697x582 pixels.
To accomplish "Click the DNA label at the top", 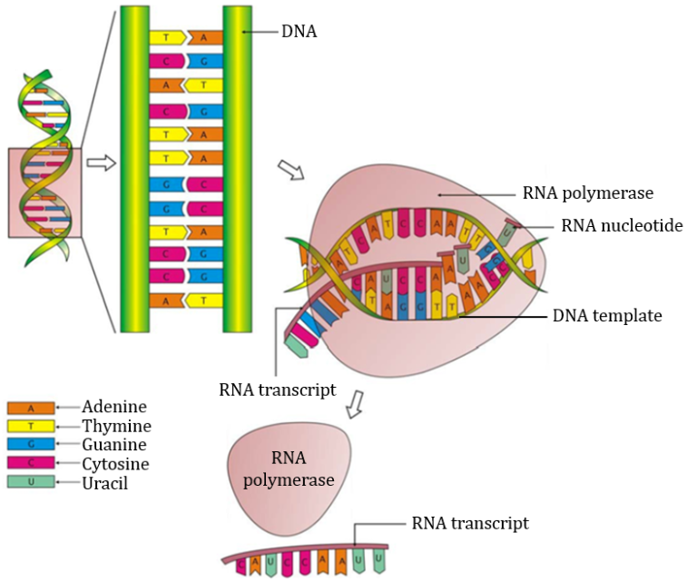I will [299, 33].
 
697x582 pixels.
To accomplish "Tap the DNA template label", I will [607, 316].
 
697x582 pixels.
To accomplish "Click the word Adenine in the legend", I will [113, 407].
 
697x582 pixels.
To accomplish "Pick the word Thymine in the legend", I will [116, 426].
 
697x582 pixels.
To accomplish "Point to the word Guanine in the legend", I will [114, 445].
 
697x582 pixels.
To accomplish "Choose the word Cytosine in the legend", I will [115, 464].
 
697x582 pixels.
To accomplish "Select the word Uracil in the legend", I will [104, 483].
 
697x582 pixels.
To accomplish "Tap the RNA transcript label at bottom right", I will [470, 523].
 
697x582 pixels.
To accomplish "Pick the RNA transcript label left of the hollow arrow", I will [278, 390].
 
